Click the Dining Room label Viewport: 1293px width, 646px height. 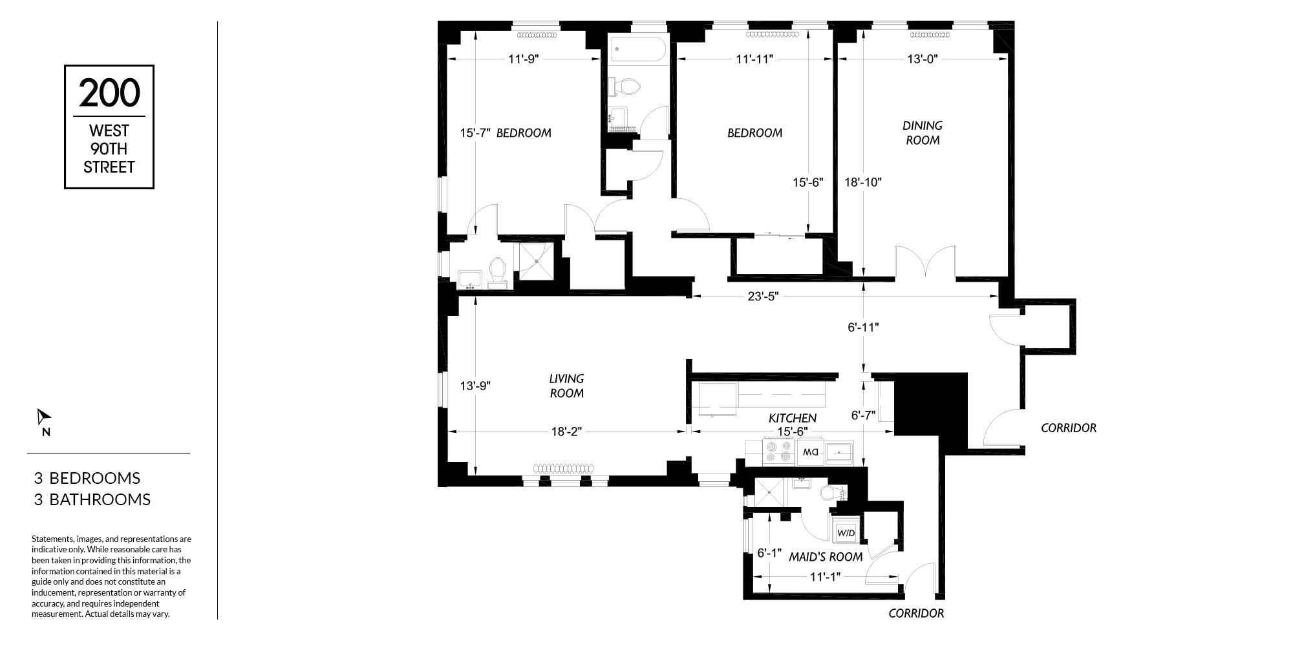point(923,132)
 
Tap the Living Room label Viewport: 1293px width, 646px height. point(566,386)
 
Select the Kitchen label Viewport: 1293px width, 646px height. point(793,419)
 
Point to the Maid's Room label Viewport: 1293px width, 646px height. point(826,557)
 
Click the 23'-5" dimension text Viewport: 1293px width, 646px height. point(764,297)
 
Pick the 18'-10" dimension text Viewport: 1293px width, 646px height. point(864,182)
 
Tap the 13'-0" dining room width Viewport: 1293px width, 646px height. point(923,59)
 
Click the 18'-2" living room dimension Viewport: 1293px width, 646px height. point(566,432)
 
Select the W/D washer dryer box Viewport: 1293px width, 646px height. point(846,533)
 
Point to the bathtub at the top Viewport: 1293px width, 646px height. point(637,50)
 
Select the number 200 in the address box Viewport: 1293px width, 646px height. point(109,92)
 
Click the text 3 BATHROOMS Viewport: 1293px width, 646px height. point(92,499)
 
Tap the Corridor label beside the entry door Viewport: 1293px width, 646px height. point(1069,428)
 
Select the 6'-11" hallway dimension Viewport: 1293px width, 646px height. point(864,328)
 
